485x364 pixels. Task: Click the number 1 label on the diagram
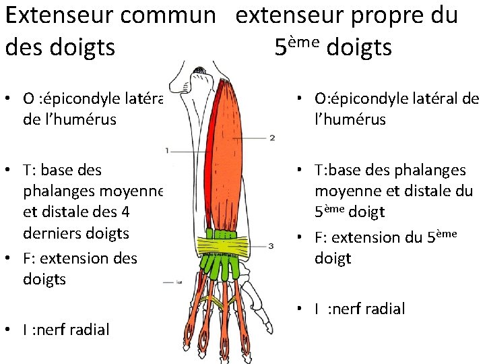[x=166, y=149]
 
